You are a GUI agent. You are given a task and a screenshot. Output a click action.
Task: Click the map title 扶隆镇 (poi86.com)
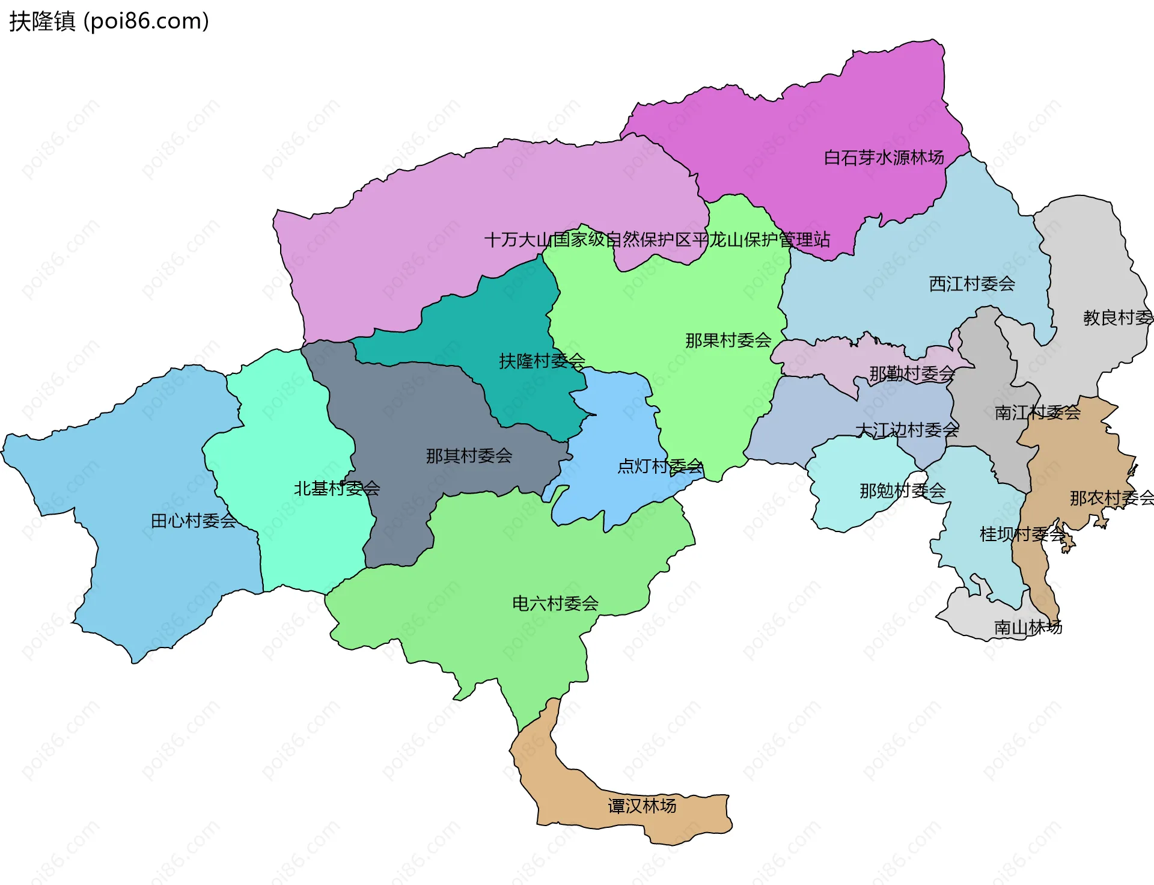[109, 21]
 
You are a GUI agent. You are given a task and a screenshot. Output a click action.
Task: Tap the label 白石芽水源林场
[884, 158]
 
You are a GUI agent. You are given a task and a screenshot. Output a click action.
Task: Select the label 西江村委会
[972, 284]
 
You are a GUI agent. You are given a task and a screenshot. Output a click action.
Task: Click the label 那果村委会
[728, 340]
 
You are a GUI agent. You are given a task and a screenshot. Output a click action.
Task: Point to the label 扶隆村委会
[542, 361]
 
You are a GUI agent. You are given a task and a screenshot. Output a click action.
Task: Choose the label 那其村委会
[469, 456]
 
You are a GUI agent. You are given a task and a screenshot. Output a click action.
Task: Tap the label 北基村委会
[337, 488]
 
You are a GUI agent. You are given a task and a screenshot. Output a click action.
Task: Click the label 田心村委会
[194, 521]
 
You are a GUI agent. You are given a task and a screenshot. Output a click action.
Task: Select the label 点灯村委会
[660, 466]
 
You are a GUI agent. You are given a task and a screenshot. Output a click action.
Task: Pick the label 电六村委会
[555, 603]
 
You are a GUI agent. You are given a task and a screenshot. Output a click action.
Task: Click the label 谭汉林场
[642, 806]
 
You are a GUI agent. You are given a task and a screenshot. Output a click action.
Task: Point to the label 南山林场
[1028, 628]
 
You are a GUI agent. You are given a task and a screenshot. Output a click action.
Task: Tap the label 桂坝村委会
[1022, 534]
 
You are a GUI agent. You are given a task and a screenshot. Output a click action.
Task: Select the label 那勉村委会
[902, 491]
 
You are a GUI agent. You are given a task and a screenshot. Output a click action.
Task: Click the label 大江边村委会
[907, 430]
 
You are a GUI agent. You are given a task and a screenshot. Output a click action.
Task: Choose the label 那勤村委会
[912, 374]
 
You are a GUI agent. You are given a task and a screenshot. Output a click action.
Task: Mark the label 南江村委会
[1037, 412]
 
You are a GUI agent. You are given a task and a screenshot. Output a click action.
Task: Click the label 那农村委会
[1111, 498]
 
